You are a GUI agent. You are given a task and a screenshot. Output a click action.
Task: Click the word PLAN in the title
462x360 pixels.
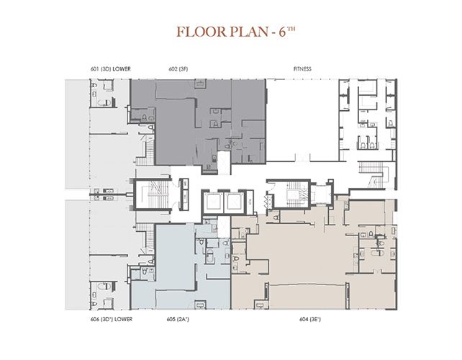(x=248, y=32)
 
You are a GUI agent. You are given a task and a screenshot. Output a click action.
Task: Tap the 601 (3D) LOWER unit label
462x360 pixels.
(x=111, y=69)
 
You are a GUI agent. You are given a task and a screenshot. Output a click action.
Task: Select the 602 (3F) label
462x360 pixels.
(x=178, y=69)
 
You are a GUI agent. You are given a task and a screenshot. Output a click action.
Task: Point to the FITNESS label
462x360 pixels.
(x=302, y=69)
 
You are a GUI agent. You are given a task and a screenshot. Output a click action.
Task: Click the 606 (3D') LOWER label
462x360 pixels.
(x=112, y=319)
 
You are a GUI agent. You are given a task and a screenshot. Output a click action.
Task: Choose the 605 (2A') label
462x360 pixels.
(x=178, y=319)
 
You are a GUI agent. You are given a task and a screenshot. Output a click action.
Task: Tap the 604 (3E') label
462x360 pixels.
(x=310, y=319)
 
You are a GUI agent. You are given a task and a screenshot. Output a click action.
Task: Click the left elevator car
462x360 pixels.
(x=213, y=202)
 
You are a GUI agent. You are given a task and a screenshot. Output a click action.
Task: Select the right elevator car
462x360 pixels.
(x=234, y=202)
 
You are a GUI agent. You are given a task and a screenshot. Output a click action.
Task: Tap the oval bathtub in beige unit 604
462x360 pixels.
(x=378, y=253)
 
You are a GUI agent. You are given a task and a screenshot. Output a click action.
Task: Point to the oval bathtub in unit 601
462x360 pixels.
(x=104, y=103)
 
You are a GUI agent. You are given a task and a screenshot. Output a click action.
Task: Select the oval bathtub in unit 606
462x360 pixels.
(x=104, y=286)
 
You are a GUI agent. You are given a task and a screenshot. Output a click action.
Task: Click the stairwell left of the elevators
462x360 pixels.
(x=153, y=194)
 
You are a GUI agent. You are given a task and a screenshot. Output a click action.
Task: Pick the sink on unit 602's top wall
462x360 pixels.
(x=201, y=83)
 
